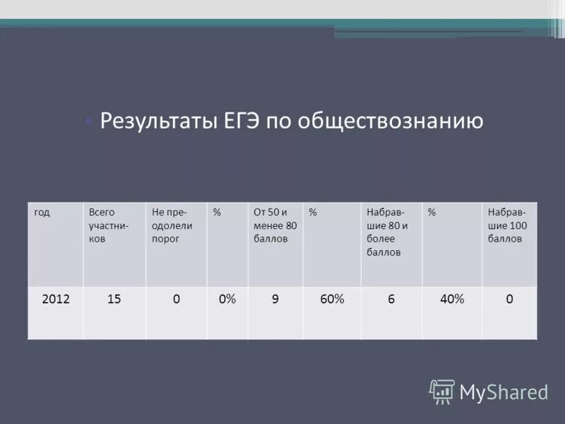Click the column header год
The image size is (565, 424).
point(42,212)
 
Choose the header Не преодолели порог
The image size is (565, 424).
point(172,225)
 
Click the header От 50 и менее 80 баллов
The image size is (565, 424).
point(275,225)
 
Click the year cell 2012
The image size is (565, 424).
point(56,299)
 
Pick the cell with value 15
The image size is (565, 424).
point(114,299)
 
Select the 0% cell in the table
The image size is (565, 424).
point(227,299)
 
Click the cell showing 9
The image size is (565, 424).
point(275,299)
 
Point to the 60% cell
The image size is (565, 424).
point(332,299)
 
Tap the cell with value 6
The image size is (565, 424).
point(391,299)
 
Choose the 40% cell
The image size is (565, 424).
point(452,299)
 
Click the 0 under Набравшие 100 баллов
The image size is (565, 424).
point(509,299)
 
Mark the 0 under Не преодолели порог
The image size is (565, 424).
point(176,299)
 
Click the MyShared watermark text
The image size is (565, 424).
point(504,391)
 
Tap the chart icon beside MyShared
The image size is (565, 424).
point(442,391)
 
